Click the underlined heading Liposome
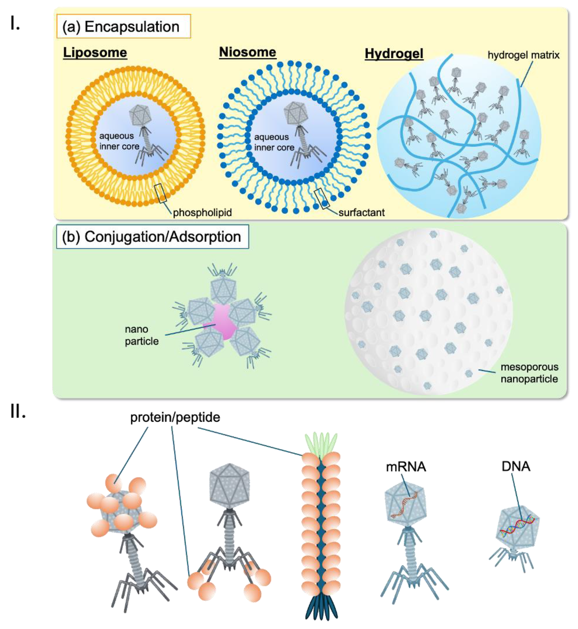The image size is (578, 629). coord(95,53)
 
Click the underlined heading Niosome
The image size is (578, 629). coord(247,52)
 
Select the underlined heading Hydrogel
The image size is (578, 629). coord(394,54)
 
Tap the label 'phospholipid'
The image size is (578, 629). coord(202,213)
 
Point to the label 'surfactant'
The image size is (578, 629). coord(361,213)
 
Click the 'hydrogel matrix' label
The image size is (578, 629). coord(523,55)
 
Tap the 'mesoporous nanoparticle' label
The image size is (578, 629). coord(529,373)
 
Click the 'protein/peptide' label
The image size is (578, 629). coord(175,417)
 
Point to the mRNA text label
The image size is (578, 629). coord(406,467)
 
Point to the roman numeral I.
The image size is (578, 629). coord(15,23)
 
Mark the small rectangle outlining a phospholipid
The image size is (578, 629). coord(160,193)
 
